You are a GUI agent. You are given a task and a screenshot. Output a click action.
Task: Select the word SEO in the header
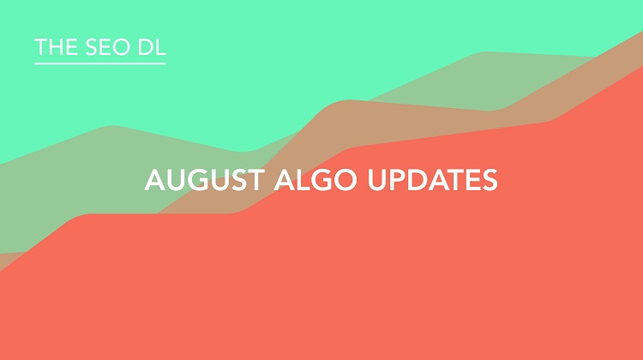coord(101,48)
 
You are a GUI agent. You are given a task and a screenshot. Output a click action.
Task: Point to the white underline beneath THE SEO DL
coord(99,63)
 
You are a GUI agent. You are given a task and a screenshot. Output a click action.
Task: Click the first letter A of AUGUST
coord(154,181)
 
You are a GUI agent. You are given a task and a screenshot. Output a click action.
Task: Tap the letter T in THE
coord(39,48)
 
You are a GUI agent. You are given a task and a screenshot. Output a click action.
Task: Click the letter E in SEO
coord(100,48)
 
